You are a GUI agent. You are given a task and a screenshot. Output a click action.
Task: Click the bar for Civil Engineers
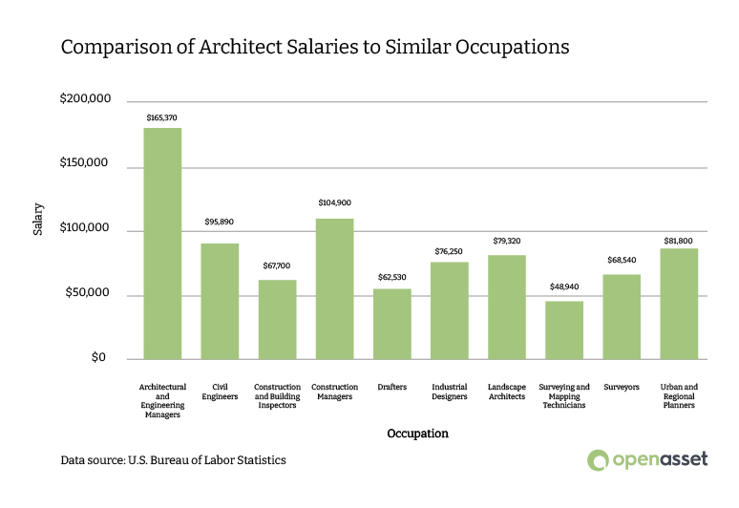[220, 301]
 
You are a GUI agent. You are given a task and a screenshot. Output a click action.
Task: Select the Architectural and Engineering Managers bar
[162, 243]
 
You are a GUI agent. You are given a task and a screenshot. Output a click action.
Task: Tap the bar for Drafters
[391, 324]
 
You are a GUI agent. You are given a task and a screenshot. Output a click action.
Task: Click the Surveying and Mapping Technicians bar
[563, 329]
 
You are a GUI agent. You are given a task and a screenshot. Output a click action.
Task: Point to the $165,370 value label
[162, 117]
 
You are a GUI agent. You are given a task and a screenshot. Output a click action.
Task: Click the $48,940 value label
[563, 286]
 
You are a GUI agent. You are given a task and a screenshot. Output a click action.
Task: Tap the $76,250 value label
[449, 251]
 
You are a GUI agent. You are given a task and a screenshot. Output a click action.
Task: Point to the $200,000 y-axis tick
[85, 99]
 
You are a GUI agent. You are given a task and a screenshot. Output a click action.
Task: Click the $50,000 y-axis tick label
[89, 293]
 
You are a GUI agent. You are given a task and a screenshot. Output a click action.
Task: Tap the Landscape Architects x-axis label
[506, 392]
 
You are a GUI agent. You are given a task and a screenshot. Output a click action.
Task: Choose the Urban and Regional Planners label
[678, 396]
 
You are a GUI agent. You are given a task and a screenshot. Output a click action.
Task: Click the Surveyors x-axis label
[621, 387]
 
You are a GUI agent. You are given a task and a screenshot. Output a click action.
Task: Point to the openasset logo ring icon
[598, 459]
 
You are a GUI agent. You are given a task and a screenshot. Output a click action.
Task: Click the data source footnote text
[173, 459]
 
